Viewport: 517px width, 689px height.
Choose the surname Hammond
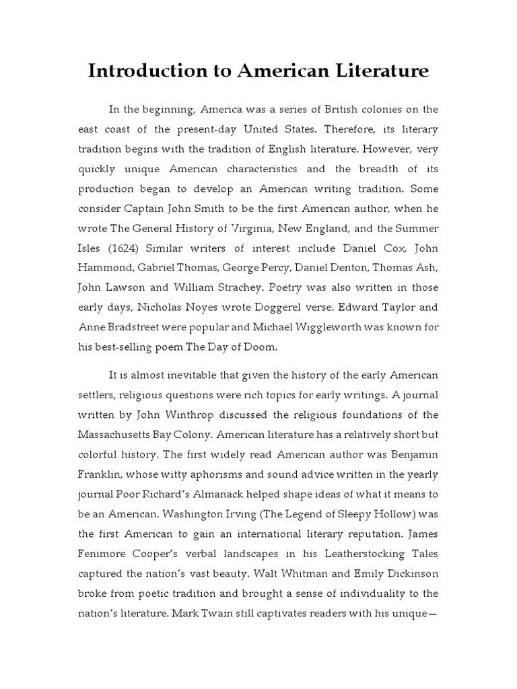coord(103,268)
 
